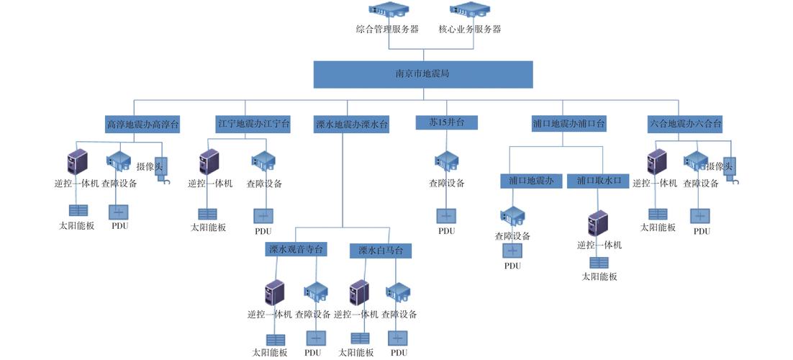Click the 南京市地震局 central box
coord(422,74)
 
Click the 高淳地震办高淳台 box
coord(142,125)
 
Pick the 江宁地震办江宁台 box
coord(253,124)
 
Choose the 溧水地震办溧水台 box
coord(352,125)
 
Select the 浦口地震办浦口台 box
coord(568,124)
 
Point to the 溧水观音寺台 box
coord(296,250)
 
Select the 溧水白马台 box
coord(385,251)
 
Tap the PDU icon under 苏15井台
coord(446,215)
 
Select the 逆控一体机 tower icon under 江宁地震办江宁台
coord(209,162)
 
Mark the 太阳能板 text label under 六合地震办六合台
coord(658,227)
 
